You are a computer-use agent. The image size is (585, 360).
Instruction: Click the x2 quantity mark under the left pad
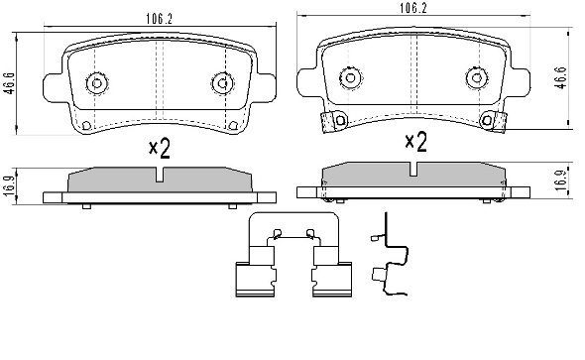159,149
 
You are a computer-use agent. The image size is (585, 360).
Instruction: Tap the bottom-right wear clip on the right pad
493,122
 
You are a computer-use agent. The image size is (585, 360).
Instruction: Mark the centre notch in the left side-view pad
159,177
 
